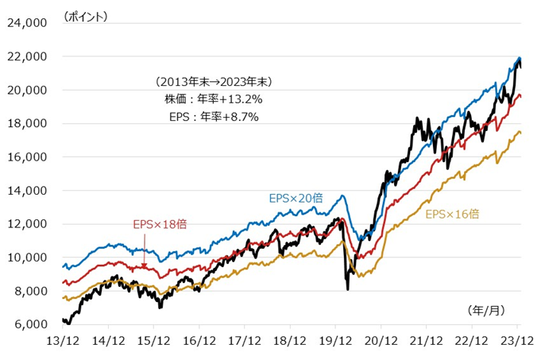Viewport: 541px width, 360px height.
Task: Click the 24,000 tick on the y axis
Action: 28,23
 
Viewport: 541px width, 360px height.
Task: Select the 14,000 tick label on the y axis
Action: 28,191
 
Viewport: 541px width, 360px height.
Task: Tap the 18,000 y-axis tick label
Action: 28,124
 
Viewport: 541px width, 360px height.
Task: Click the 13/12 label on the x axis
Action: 63,340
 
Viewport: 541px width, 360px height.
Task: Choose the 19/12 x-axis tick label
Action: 335,340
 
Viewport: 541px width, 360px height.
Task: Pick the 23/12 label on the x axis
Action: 517,340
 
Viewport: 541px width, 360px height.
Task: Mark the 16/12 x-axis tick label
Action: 199,340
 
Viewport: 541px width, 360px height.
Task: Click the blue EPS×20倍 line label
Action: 296,198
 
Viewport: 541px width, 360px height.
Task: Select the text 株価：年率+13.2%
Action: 214,99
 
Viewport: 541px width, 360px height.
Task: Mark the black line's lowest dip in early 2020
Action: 347,288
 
